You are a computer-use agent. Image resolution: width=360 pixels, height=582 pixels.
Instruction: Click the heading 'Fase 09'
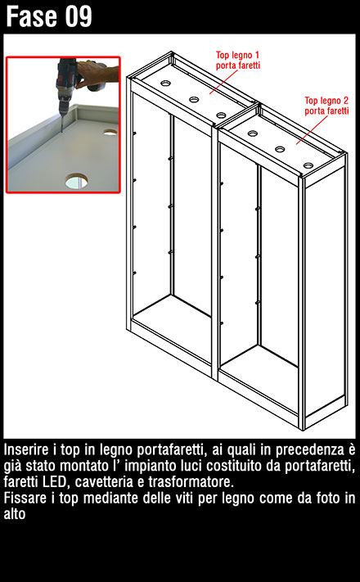(48, 16)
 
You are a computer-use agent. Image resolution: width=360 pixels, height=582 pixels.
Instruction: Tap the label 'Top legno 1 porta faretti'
(238, 61)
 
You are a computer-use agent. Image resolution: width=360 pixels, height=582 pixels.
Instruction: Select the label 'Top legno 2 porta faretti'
(326, 106)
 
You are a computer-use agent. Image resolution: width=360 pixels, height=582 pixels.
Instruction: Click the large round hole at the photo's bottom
(77, 181)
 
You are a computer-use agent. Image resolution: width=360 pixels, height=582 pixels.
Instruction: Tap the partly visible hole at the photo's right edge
(110, 132)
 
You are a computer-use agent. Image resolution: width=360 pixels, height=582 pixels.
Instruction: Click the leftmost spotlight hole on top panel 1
(165, 83)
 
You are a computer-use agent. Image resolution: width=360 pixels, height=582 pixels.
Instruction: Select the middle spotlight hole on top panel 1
(194, 99)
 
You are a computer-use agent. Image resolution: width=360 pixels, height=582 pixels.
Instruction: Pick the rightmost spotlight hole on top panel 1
(222, 115)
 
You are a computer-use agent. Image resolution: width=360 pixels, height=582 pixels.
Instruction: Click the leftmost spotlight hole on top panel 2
(253, 133)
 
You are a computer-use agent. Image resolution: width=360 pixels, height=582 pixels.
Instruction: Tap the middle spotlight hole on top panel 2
(280, 149)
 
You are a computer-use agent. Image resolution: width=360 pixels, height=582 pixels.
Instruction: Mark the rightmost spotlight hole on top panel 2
(308, 165)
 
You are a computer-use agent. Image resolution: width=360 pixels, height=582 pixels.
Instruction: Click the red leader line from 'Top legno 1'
(223, 82)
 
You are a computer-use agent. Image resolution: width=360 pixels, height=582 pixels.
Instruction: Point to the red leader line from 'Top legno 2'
(312, 130)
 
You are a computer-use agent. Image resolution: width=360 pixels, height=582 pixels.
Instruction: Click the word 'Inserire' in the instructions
(26, 449)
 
